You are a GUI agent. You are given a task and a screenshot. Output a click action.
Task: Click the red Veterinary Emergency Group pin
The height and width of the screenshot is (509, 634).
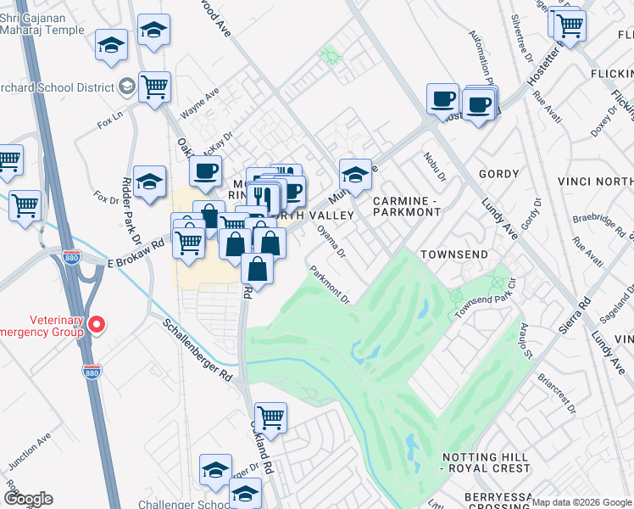pyautogui.click(x=97, y=323)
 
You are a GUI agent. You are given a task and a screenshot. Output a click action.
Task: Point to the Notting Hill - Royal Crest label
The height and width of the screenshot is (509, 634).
pyautogui.click(x=487, y=462)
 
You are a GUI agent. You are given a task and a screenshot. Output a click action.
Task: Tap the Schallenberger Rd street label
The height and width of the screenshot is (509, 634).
pyautogui.click(x=197, y=350)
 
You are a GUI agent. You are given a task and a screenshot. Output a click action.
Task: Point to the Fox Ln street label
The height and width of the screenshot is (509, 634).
pyautogui.click(x=110, y=120)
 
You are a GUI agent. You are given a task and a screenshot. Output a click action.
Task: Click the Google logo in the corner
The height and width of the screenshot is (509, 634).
pyautogui.click(x=28, y=498)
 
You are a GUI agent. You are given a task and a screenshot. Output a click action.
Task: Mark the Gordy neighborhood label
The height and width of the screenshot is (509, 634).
pyautogui.click(x=498, y=174)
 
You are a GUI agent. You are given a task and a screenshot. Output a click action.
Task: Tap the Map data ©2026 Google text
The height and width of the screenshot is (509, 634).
pyautogui.click(x=581, y=502)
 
